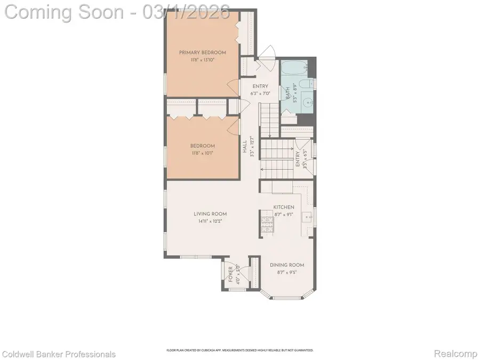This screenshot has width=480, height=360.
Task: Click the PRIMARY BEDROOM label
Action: click(x=202, y=52)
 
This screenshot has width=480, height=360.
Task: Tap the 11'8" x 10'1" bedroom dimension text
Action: click(x=202, y=154)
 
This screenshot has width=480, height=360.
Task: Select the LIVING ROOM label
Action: click(x=206, y=214)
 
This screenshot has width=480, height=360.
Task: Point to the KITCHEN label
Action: click(x=284, y=207)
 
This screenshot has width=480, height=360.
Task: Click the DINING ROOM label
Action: click(x=286, y=265)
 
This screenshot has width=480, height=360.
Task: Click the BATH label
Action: click(x=289, y=94)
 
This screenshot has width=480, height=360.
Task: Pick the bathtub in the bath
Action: click(x=293, y=69)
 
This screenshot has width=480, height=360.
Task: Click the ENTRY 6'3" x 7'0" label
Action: click(x=261, y=89)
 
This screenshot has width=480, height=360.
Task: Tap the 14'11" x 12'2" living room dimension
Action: click(x=206, y=221)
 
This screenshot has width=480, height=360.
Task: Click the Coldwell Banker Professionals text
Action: click(x=59, y=354)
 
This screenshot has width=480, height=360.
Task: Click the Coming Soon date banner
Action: click(x=117, y=12)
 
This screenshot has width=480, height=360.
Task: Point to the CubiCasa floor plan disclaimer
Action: click(x=240, y=350)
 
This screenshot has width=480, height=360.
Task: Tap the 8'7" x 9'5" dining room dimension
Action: click(x=286, y=272)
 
